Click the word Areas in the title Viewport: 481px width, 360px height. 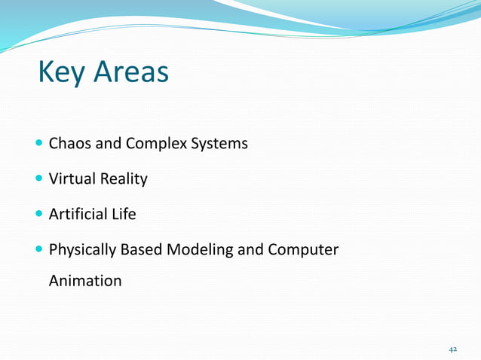click(131, 73)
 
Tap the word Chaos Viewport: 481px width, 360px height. click(69, 143)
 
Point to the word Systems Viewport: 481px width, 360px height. click(219, 143)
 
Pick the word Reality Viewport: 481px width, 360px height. click(122, 179)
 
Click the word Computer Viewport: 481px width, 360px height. click(303, 250)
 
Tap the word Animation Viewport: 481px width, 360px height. click(84, 281)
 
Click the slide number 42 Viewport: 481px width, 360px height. click(453, 349)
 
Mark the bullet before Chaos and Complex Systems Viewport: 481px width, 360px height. click(39, 143)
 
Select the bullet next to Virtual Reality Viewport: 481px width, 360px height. click(39, 179)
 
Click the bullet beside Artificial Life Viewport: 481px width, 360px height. click(39, 215)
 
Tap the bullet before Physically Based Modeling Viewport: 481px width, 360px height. click(39, 250)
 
